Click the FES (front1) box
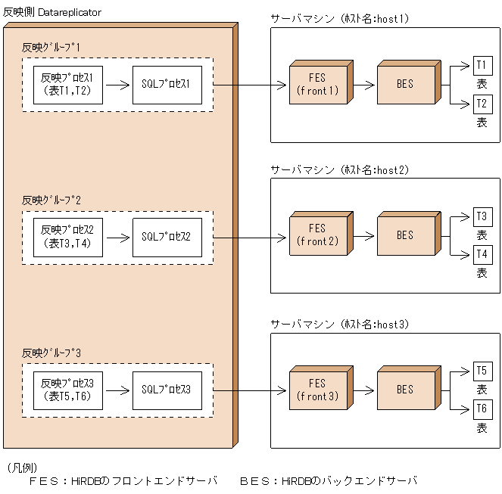[317, 85]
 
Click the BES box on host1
[405, 85]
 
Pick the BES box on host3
[405, 390]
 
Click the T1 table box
[482, 66]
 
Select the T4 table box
[482, 255]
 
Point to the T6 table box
[482, 409]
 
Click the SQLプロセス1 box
[167, 85]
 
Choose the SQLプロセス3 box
[167, 390]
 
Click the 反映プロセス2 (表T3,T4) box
[67, 237]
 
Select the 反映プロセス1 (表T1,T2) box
[67, 85]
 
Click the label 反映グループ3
[51, 353]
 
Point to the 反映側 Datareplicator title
[51, 14]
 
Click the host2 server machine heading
[339, 170]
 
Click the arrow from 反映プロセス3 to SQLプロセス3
[117, 390]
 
